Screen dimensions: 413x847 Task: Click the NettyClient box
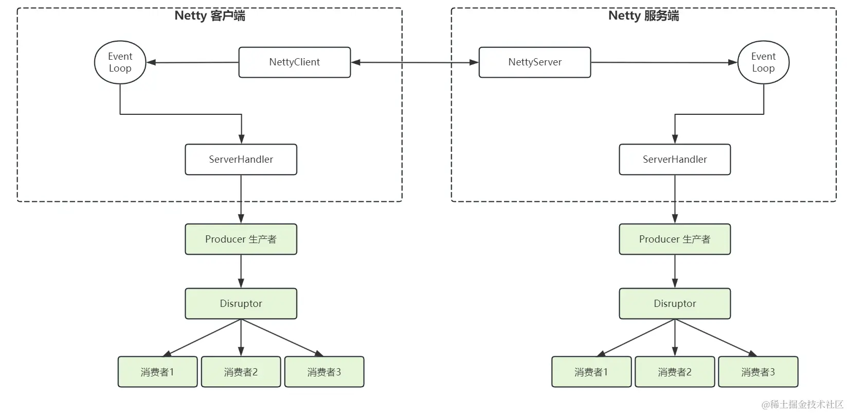click(294, 62)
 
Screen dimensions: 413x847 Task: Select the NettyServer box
click(534, 62)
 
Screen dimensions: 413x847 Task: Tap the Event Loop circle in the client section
click(120, 62)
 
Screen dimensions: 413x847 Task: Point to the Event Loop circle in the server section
click(763, 62)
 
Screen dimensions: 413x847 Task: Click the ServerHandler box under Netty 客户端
click(241, 160)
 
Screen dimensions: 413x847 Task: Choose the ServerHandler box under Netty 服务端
click(674, 160)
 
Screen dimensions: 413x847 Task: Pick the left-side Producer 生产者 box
click(241, 239)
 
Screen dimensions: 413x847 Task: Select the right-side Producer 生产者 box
click(674, 239)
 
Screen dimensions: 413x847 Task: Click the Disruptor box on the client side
click(241, 304)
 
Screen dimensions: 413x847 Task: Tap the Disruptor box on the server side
click(674, 304)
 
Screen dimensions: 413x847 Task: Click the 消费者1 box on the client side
click(157, 372)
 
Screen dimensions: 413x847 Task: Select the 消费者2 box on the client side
click(241, 372)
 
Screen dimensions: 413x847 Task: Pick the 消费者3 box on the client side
click(324, 372)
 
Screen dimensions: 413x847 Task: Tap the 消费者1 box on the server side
click(591, 372)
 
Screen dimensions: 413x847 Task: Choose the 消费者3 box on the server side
click(758, 372)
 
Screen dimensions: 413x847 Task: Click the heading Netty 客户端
click(210, 15)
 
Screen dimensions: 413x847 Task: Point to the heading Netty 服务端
click(643, 15)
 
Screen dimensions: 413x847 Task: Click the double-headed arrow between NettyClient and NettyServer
click(415, 62)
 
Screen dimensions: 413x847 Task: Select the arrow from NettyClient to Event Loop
click(193, 62)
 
